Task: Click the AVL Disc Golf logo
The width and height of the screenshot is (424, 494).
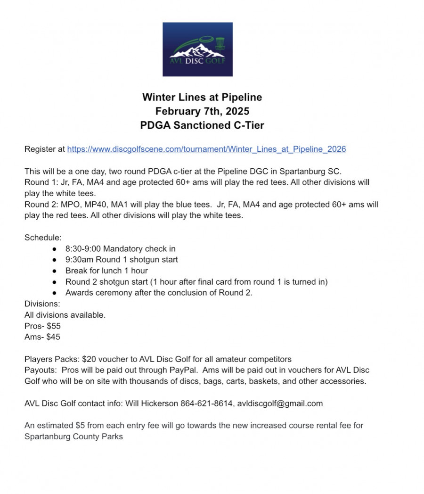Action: coord(197,49)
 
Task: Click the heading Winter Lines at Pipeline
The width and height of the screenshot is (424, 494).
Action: coord(202,98)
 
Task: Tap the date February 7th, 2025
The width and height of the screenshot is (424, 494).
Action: coord(202,112)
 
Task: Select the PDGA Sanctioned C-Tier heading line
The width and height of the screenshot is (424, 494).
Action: coord(202,125)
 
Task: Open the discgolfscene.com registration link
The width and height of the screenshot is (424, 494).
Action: coord(206,149)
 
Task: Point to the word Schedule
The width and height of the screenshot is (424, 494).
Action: coord(42,238)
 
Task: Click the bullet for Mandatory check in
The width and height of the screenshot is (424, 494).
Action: coord(55,248)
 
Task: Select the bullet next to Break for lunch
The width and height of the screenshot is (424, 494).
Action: coord(55,271)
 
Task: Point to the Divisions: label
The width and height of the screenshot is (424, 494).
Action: coord(42,304)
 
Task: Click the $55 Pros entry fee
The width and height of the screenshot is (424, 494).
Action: coord(54,326)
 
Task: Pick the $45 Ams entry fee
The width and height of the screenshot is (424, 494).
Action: coord(53,337)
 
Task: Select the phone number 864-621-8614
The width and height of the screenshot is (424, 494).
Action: coord(207,403)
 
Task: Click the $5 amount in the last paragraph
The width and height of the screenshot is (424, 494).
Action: coord(80,426)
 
